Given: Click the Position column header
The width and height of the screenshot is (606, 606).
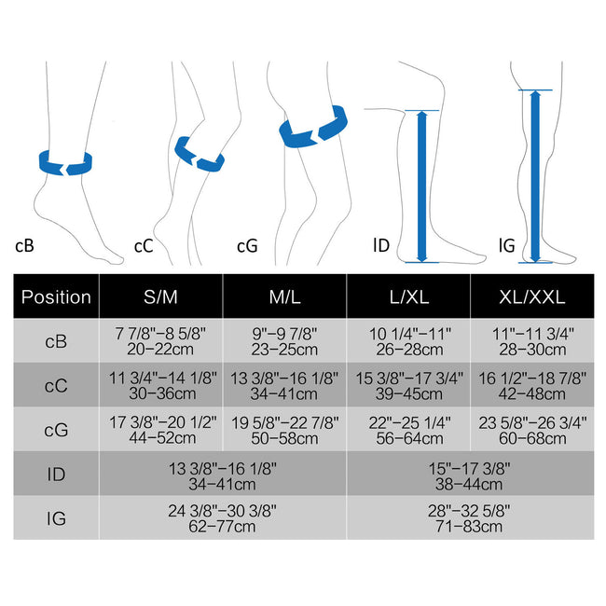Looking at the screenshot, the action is click(x=56, y=296).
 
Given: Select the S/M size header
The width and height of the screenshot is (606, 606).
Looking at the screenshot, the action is click(x=160, y=296).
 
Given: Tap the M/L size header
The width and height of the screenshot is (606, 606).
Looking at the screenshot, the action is click(x=285, y=296).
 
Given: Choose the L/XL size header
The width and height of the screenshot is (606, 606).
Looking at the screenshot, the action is click(x=409, y=296).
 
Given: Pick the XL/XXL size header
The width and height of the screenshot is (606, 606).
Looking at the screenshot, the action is click(x=532, y=296).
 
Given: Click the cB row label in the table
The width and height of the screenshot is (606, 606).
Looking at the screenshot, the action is click(x=56, y=341).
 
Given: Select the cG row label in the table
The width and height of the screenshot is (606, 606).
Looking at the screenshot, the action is click(x=56, y=430).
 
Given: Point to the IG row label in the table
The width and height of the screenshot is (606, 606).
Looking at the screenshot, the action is click(x=56, y=518).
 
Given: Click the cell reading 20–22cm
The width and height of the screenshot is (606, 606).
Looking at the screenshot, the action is click(x=160, y=341).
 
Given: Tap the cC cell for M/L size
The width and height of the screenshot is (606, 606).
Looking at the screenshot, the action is click(x=284, y=385).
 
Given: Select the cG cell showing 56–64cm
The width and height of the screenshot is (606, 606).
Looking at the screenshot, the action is click(x=409, y=430).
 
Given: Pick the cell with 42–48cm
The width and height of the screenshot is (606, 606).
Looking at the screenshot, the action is click(x=532, y=385).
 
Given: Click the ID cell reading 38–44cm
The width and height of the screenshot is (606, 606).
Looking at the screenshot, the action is click(x=470, y=474).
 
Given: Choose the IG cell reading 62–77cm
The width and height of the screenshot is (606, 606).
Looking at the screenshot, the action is click(x=222, y=518).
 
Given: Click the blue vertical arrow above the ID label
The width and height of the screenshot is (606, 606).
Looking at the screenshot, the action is click(x=422, y=186).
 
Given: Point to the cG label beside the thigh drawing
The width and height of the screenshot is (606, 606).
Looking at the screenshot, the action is click(x=247, y=246).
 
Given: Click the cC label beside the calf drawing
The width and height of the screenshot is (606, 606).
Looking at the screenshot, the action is click(x=144, y=246).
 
